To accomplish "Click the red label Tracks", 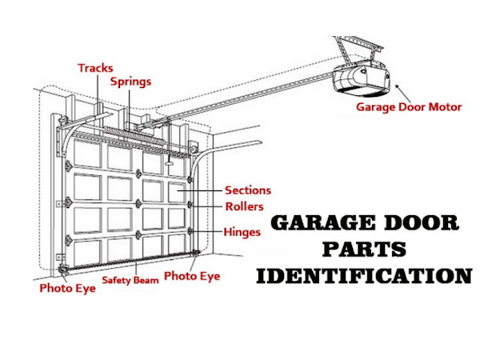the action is (x=95, y=68).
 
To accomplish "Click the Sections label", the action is (x=247, y=190).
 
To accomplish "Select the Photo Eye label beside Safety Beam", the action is (x=192, y=276).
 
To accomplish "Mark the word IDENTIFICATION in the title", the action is (x=364, y=277).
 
